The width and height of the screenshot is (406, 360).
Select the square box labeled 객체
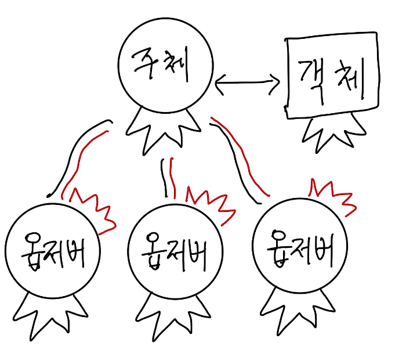[332, 77]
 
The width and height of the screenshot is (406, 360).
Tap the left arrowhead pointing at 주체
[219, 84]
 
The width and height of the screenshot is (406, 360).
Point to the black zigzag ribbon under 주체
[162, 131]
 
